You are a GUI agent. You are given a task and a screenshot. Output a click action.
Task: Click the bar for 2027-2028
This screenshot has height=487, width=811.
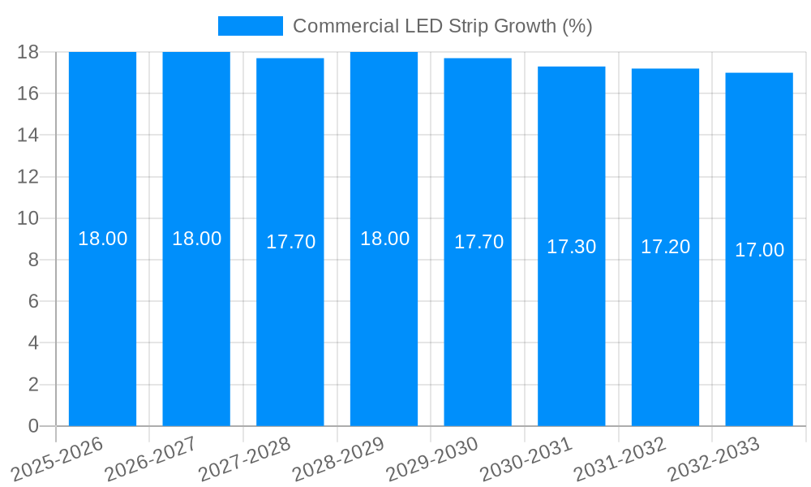[x=290, y=325]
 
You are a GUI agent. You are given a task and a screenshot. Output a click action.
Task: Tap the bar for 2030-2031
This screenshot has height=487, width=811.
[x=572, y=325]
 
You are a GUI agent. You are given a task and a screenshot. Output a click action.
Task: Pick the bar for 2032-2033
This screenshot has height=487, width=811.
[x=759, y=325]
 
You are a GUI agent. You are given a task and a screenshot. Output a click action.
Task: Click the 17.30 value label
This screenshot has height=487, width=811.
[x=572, y=247]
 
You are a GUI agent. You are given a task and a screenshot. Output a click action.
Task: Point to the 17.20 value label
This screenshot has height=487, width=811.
[x=665, y=247]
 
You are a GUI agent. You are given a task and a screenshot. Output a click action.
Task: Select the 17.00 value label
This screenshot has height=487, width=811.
[x=759, y=250]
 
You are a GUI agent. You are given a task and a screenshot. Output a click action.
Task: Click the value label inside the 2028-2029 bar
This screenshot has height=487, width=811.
[x=384, y=239]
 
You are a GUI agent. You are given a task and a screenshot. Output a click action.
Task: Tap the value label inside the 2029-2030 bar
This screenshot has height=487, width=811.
[x=478, y=242]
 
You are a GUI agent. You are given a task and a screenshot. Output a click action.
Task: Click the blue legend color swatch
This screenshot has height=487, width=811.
[x=250, y=26]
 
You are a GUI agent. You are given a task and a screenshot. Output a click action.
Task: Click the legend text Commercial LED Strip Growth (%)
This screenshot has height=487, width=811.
[x=442, y=26]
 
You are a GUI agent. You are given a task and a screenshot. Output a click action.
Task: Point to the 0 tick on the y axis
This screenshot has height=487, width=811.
[x=33, y=426]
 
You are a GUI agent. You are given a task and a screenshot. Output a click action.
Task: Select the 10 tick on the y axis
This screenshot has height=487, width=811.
[x=28, y=218]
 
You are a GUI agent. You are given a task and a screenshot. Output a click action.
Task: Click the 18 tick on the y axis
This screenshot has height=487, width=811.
[x=28, y=52]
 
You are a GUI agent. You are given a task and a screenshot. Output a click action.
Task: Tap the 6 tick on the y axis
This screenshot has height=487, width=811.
[x=33, y=301]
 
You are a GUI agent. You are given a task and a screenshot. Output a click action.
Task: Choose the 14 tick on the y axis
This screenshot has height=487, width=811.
[x=28, y=135]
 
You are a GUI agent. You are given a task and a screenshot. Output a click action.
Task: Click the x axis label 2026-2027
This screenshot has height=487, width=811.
[x=149, y=459]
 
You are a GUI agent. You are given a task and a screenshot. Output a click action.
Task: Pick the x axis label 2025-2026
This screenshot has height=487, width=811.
[x=56, y=459]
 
